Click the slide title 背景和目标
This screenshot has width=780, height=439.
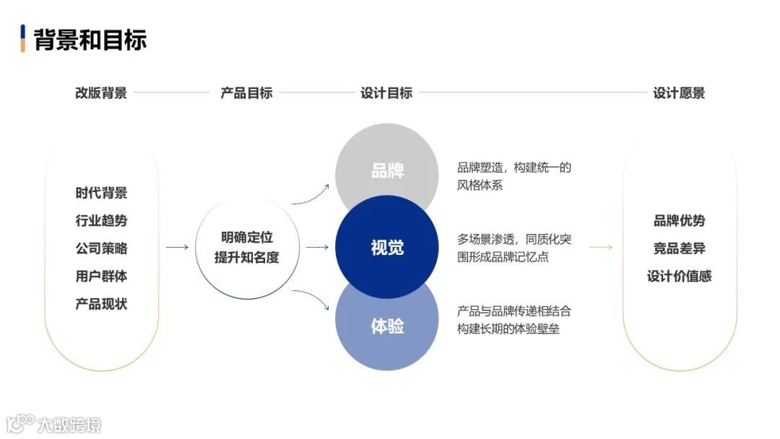[90, 39]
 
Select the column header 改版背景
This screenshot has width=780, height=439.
[101, 93]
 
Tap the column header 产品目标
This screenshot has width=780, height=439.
[246, 93]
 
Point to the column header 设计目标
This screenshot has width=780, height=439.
[386, 93]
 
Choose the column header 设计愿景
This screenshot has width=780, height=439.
[679, 93]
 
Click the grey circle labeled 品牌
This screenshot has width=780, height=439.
[387, 171]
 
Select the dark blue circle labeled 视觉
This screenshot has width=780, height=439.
[387, 248]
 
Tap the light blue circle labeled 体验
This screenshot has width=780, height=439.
[387, 326]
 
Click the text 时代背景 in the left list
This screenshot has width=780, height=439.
[101, 193]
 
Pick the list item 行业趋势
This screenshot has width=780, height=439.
[101, 221]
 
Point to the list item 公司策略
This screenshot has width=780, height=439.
[101, 248]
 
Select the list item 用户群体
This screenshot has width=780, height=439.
[101, 276]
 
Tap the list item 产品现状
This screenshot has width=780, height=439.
[101, 304]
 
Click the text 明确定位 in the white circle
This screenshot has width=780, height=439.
[247, 238]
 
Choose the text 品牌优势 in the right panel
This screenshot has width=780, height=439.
[679, 221]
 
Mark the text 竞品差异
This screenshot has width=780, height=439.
[679, 248]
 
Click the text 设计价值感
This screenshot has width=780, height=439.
[679, 276]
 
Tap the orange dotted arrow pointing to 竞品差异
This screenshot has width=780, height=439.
[601, 248]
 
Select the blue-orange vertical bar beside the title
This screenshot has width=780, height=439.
[23, 38]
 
